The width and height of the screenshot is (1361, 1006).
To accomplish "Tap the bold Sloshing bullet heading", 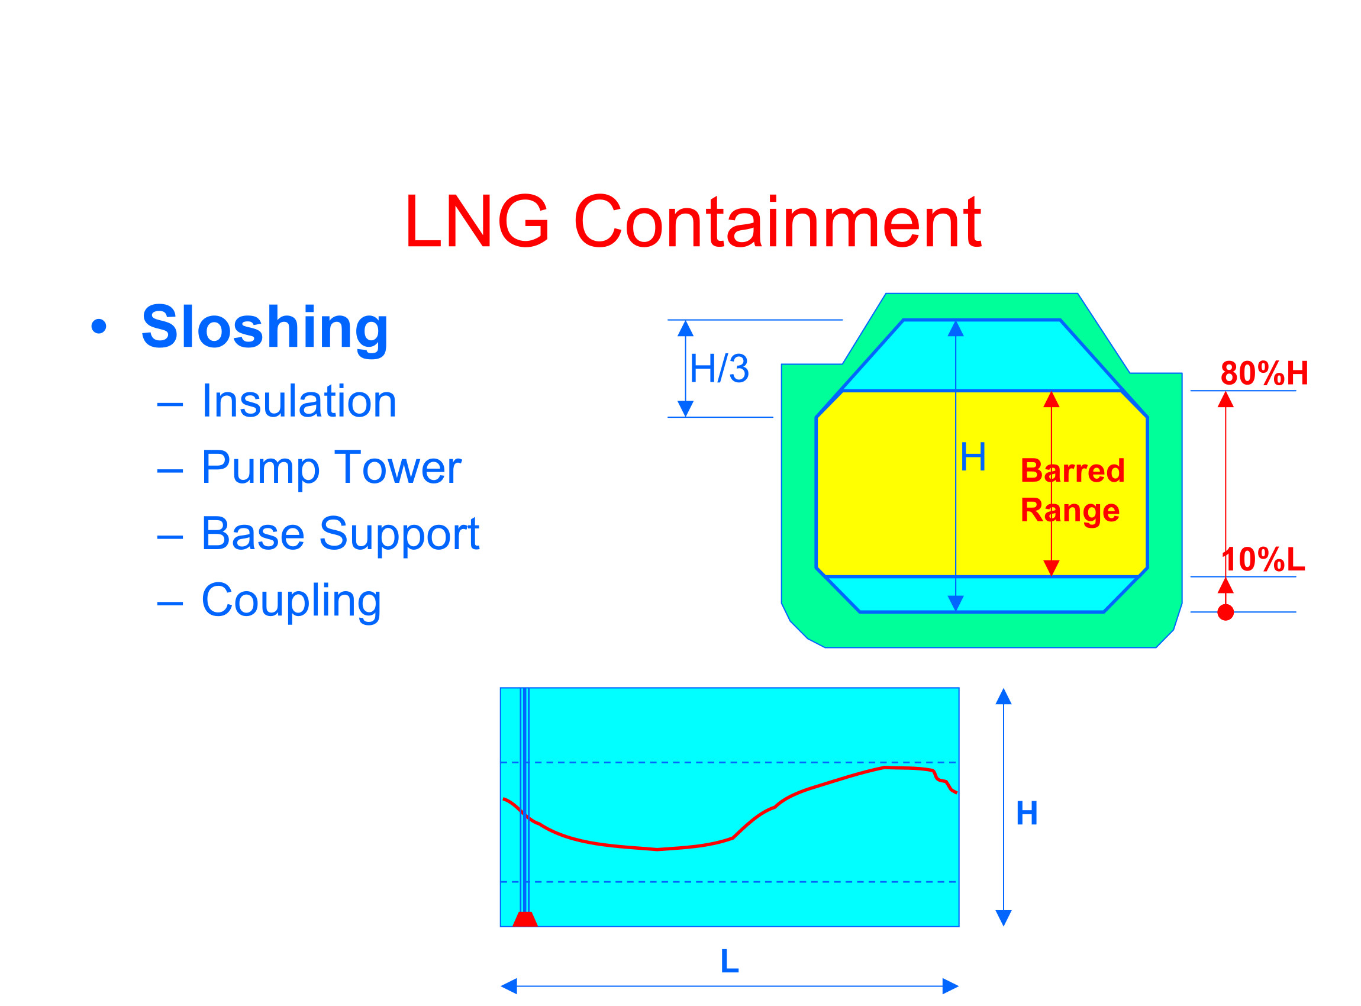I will pyautogui.click(x=265, y=328).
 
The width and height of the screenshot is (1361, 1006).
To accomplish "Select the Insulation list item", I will pyautogui.click(x=298, y=402).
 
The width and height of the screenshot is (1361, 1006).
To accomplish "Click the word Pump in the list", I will pyautogui.click(x=260, y=469).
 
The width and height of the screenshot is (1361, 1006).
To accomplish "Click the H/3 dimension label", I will pyautogui.click(x=718, y=369).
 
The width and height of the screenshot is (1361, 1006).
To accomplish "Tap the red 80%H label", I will pyautogui.click(x=1264, y=373).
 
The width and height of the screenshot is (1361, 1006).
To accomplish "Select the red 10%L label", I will pyautogui.click(x=1263, y=560).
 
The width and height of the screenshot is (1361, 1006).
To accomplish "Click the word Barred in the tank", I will pyautogui.click(x=1072, y=470).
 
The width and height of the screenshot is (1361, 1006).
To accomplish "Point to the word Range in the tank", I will pyautogui.click(x=1070, y=510).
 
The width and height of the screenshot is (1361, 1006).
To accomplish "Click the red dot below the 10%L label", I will pyautogui.click(x=1225, y=612).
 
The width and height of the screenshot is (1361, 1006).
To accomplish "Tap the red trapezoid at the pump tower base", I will pyautogui.click(x=525, y=920).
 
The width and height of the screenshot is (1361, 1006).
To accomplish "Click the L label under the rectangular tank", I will pyautogui.click(x=730, y=962).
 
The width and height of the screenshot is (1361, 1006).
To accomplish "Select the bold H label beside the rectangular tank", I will pyautogui.click(x=1027, y=814).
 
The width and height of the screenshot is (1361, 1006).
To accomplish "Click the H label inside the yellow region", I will pyautogui.click(x=972, y=457).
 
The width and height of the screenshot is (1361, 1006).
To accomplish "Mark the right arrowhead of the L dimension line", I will pyautogui.click(x=950, y=986).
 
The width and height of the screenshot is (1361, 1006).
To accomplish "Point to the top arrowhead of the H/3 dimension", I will pyautogui.click(x=686, y=329).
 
